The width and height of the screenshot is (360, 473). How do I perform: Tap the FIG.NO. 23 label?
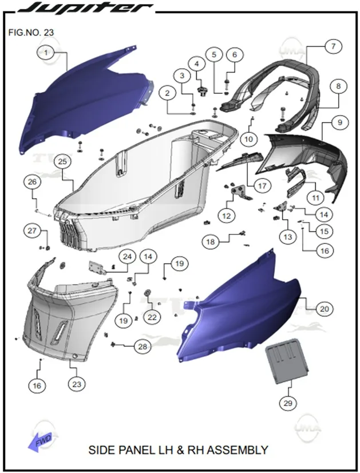pyautogui.click(x=31, y=32)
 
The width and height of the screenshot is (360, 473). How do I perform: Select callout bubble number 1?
pyautogui.click(x=46, y=53)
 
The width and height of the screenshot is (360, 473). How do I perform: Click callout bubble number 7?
pyautogui.click(x=334, y=46)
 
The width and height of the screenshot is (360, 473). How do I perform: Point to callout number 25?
pyautogui.click(x=62, y=161)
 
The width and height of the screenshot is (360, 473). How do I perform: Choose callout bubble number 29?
pyautogui.click(x=288, y=403)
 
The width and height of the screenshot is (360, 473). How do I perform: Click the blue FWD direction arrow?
pyautogui.click(x=40, y=442)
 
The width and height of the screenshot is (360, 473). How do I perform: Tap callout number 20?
pyautogui.click(x=325, y=309)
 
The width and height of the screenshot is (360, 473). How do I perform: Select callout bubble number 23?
pyautogui.click(x=77, y=384)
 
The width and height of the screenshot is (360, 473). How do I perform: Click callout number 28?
pyautogui.click(x=143, y=346)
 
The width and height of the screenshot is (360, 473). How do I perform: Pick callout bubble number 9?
pyautogui.click(x=340, y=123)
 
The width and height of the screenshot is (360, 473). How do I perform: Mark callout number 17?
pyautogui.click(x=262, y=186)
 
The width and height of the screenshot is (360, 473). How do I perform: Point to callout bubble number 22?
pyautogui.click(x=152, y=317)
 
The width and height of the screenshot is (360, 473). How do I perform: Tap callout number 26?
pyautogui.click(x=32, y=182)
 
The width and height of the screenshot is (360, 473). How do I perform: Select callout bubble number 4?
pyautogui.click(x=197, y=64)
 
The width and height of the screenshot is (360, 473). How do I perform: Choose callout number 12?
pyautogui.click(x=227, y=216)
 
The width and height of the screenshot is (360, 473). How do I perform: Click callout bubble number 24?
pyautogui.click(x=128, y=257)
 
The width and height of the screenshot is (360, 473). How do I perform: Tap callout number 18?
pyautogui.click(x=211, y=242)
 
